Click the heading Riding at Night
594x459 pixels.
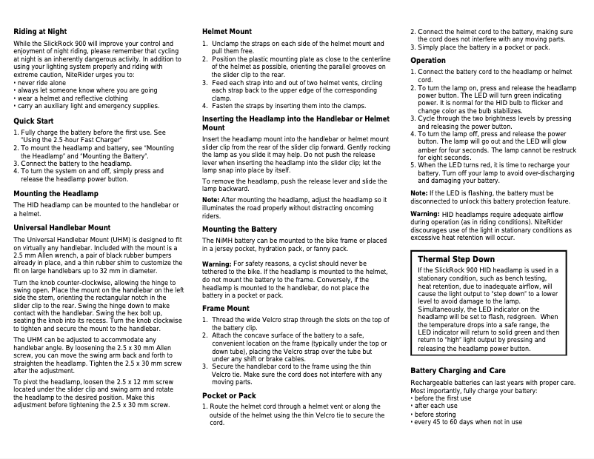[41, 32]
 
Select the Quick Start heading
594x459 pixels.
[33, 120]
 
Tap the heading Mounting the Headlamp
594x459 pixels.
[56, 193]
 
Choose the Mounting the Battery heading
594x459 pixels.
[239, 229]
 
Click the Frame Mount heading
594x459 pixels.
[225, 308]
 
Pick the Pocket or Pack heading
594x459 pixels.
[230, 395]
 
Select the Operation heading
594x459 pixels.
[427, 60]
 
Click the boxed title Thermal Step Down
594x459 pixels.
[455, 259]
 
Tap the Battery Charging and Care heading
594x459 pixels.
[458, 370]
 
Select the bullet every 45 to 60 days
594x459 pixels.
[468, 422]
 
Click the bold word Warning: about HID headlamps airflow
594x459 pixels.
[425, 214]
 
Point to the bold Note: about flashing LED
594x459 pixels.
[418, 193]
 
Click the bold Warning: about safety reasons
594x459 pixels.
[217, 264]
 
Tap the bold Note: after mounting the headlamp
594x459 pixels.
[210, 201]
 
